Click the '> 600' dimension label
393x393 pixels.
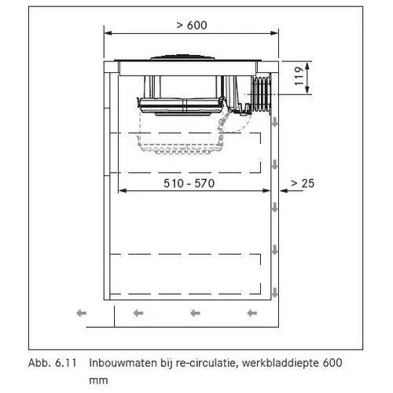pyautogui.click(x=192, y=25)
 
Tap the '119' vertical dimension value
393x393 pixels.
pyautogui.click(x=299, y=76)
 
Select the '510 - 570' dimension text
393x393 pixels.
pyautogui.click(x=189, y=183)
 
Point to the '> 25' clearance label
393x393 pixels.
pyautogui.click(x=303, y=183)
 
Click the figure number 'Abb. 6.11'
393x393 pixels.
pyautogui.click(x=53, y=363)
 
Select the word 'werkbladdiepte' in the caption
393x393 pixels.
pyautogui.click(x=281, y=363)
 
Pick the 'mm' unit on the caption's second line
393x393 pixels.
pyautogui.click(x=98, y=380)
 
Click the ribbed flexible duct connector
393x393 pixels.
pyautogui.click(x=261, y=94)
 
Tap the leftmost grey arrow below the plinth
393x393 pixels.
pyautogui.click(x=82, y=313)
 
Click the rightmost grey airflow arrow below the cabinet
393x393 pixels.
pyautogui.click(x=252, y=313)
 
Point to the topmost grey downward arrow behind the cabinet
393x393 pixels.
pyautogui.click(x=274, y=122)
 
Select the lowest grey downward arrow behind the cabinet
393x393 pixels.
pyautogui.click(x=274, y=292)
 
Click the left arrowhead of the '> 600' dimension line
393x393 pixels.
pyautogui.click(x=108, y=33)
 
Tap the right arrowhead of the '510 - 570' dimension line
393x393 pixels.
pyautogui.click(x=266, y=191)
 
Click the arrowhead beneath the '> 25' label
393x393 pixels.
pyautogui.click(x=284, y=191)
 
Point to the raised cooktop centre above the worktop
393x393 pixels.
pyautogui.click(x=182, y=57)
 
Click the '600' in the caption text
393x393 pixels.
pyautogui.click(x=332, y=363)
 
